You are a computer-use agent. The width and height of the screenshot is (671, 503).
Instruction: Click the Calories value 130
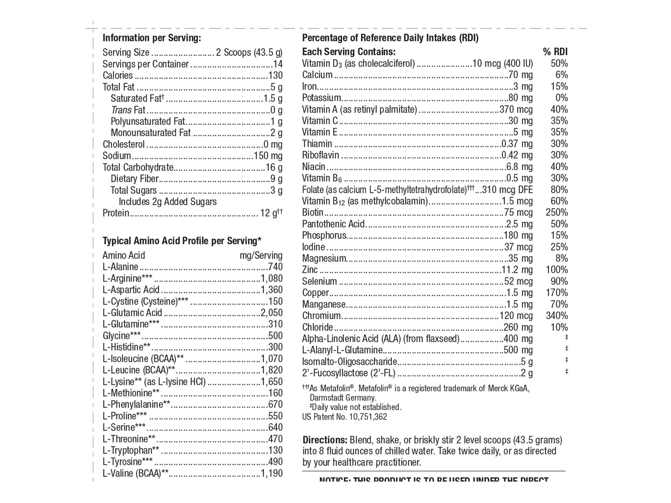click(x=275, y=76)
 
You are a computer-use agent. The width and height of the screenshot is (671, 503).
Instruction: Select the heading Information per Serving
click(x=152, y=38)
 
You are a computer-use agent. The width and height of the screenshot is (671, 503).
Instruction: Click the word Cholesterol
click(x=123, y=144)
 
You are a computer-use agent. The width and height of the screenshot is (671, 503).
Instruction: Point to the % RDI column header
click(x=555, y=52)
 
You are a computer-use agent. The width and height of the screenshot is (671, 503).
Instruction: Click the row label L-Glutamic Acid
click(x=132, y=313)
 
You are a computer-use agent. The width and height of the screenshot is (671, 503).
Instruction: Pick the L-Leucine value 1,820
click(x=272, y=370)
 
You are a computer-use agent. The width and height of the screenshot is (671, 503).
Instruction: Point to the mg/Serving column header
click(x=261, y=256)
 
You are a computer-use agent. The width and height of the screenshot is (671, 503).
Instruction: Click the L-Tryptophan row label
click(x=131, y=450)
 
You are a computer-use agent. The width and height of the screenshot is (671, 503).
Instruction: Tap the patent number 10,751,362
click(x=368, y=417)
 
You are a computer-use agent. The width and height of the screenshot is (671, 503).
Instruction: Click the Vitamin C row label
click(x=320, y=121)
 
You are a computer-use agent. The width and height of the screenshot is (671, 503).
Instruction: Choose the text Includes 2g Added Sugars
click(x=168, y=202)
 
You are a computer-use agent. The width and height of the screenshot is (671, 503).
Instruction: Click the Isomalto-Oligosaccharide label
click(x=349, y=362)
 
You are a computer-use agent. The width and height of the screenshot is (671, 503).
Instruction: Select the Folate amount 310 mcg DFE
click(x=507, y=190)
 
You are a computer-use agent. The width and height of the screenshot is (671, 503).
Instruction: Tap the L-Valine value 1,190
click(x=272, y=473)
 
